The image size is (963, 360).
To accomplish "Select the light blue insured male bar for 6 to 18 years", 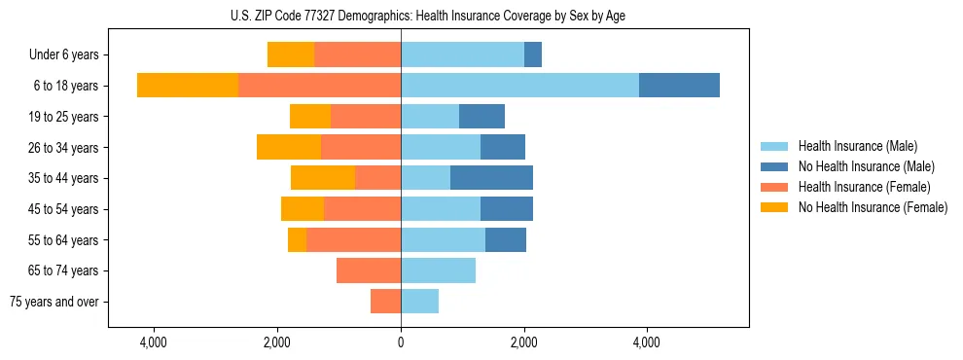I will coord(519,86).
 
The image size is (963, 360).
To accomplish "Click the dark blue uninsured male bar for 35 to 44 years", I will coord(491,178).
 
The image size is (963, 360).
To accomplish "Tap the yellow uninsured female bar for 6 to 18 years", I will coord(188,86).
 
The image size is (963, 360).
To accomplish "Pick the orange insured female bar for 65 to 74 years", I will coord(369,270).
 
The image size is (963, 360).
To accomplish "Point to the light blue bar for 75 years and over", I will coord(419,302).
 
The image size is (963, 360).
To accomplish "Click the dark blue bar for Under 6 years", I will coord(533,54).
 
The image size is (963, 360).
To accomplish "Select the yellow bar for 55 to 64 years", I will coord(297,239).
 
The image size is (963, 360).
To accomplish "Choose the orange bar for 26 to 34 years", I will coord(361,147).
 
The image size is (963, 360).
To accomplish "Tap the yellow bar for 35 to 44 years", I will coord(323,178).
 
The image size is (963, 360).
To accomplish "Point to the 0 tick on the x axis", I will coord(401,342).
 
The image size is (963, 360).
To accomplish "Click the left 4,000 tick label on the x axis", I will coord(155,342).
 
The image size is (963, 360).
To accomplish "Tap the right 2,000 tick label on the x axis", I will coord(523,342).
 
